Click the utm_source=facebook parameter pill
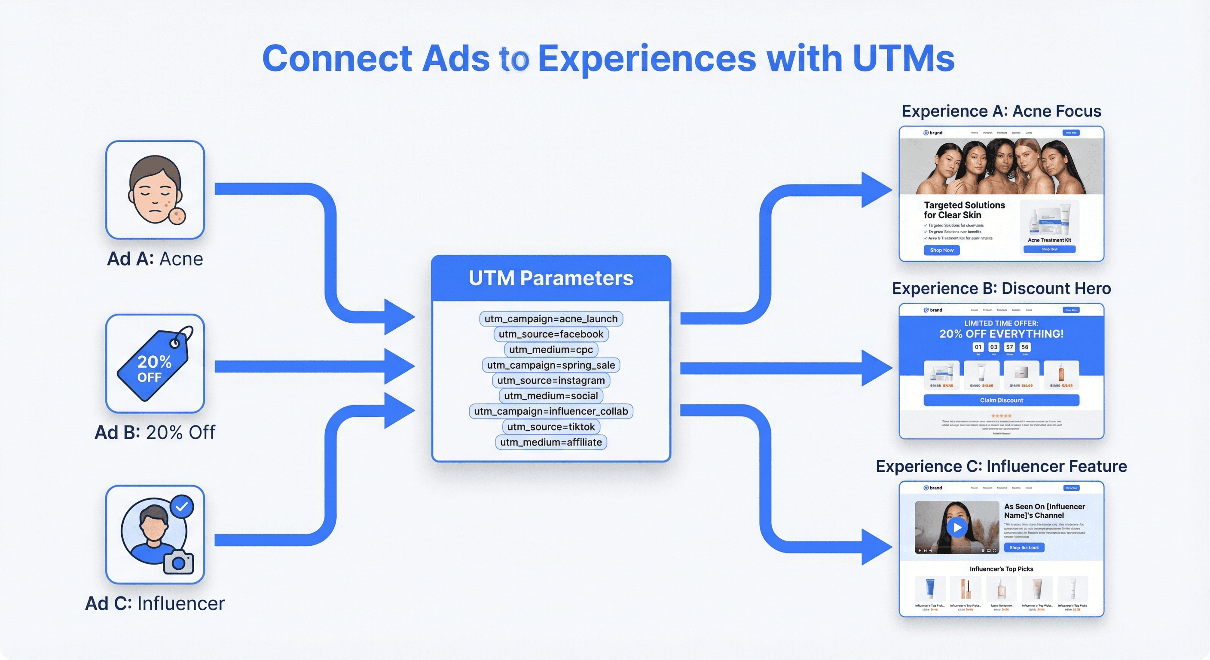(550, 334)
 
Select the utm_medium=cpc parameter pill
(550, 349)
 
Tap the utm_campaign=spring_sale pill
(550, 365)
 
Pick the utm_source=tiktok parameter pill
(550, 427)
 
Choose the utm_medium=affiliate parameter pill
(550, 442)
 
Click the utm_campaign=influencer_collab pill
(550, 411)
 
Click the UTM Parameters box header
(550, 278)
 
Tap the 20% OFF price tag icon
(154, 364)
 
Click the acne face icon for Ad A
(155, 190)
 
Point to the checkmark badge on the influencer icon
(182, 507)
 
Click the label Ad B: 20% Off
(155, 432)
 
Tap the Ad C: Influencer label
(155, 604)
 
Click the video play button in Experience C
(957, 528)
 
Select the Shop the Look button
(1024, 548)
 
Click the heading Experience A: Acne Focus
(1001, 111)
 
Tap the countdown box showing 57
(1009, 347)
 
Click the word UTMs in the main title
(903, 59)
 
